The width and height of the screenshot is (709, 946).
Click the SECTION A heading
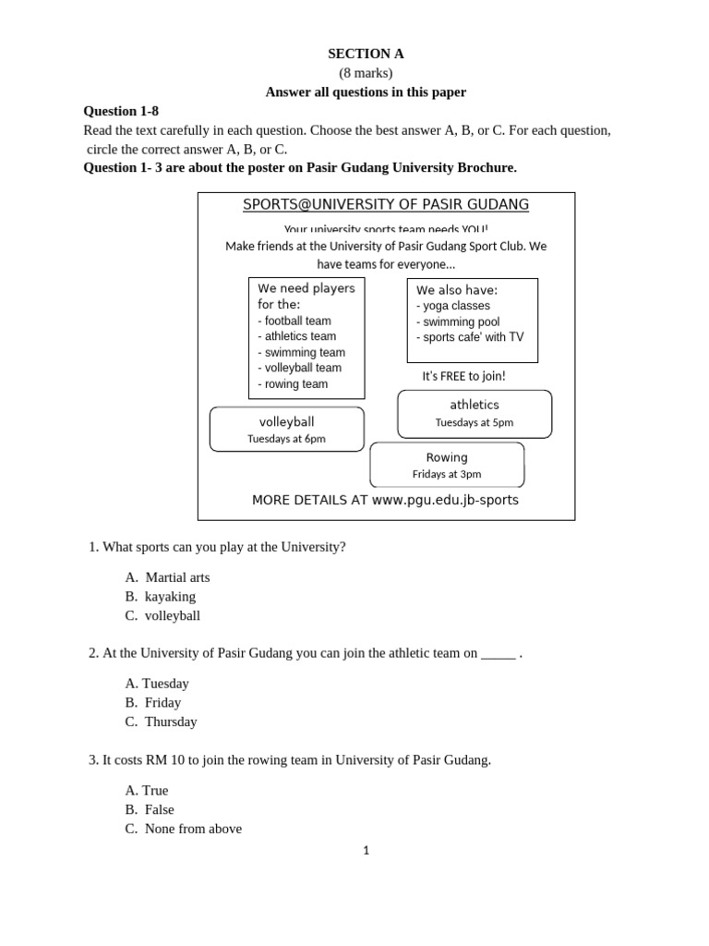pos(367,54)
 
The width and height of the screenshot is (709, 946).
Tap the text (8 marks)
pos(367,73)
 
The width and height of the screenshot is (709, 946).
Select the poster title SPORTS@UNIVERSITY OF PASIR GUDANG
pos(386,204)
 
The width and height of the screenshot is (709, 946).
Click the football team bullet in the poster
pos(294,321)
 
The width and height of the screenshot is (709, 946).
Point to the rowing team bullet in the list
pos(292,384)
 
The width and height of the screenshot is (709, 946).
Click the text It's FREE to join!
pos(463,376)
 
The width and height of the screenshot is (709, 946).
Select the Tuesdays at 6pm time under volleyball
pos(286,439)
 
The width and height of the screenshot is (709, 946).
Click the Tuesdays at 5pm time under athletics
pos(475,422)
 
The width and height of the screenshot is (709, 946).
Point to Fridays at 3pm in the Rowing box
pos(447,474)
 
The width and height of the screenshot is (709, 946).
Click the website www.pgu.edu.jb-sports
pos(445,500)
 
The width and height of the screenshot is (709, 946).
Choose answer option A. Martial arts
pos(167,577)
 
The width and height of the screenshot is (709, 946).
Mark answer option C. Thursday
pos(161,722)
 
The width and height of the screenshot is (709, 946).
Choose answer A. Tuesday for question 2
pos(157,684)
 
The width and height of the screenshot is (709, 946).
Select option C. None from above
pos(183,829)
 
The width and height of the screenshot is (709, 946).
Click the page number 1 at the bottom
pos(367,851)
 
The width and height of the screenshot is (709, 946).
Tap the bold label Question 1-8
pos(121,111)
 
